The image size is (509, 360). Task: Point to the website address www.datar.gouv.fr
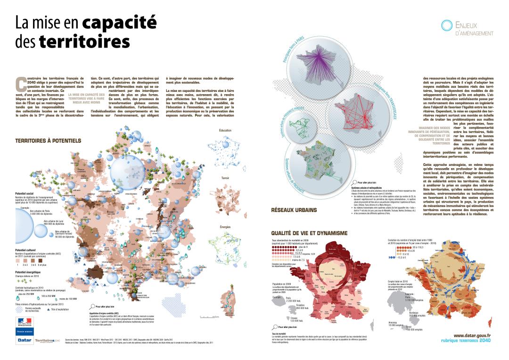[x=472, y=335]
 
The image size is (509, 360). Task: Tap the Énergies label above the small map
[x=225, y=227]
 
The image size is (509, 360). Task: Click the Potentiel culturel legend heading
[x=29, y=250]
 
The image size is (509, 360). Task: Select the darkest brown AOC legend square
[x=41, y=260]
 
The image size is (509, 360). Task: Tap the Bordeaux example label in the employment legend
[x=402, y=312]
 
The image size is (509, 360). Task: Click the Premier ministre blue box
[x=24, y=332]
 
